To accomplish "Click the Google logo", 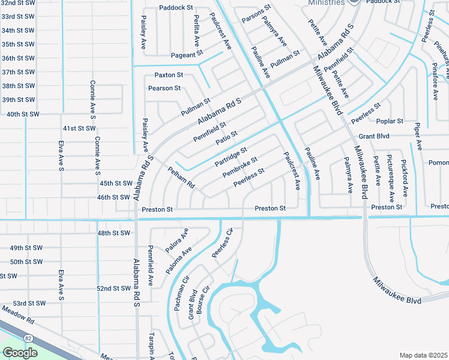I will [x=20, y=352].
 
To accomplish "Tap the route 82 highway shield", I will [x=29, y=338].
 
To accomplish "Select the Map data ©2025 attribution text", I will [x=424, y=355].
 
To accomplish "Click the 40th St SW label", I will [x=19, y=113].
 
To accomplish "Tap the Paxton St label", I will [x=169, y=75].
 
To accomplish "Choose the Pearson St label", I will [x=164, y=88].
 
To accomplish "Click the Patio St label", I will [x=226, y=138].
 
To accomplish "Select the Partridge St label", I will [x=231, y=157].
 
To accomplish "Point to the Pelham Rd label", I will [x=182, y=176].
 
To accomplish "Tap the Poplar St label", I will [x=391, y=121].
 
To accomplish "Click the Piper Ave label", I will [x=418, y=139].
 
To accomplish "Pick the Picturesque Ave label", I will [x=391, y=178].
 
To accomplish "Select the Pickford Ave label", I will [x=405, y=178].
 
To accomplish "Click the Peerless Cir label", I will [x=222, y=244].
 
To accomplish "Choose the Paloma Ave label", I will [x=178, y=260].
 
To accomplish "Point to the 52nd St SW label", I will [x=113, y=289].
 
